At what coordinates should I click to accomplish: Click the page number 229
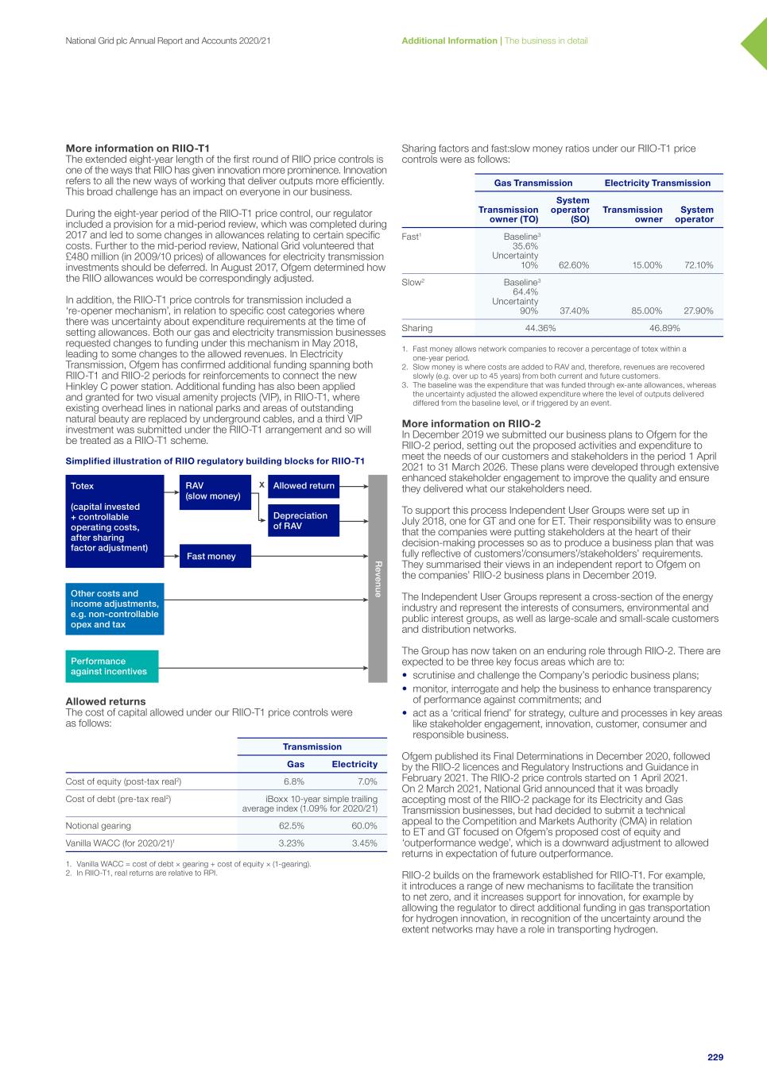(x=715, y=1057)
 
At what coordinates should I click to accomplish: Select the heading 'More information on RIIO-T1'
(x=138, y=149)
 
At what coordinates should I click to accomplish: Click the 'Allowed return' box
(x=304, y=486)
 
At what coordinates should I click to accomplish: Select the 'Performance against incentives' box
(x=111, y=666)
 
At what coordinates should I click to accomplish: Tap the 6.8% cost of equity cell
(x=294, y=781)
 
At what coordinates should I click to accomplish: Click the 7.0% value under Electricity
(x=367, y=781)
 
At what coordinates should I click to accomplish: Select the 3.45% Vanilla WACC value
(x=365, y=843)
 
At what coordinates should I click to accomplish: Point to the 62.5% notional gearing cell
(x=292, y=826)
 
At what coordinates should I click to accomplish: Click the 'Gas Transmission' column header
(x=533, y=183)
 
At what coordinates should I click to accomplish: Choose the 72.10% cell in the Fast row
(x=699, y=265)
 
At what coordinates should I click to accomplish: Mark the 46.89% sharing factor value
(x=664, y=328)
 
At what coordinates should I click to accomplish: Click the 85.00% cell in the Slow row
(x=647, y=311)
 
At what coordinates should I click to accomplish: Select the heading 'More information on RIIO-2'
(x=471, y=424)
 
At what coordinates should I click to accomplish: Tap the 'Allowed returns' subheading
(x=105, y=701)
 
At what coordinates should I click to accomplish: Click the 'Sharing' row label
(x=417, y=328)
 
